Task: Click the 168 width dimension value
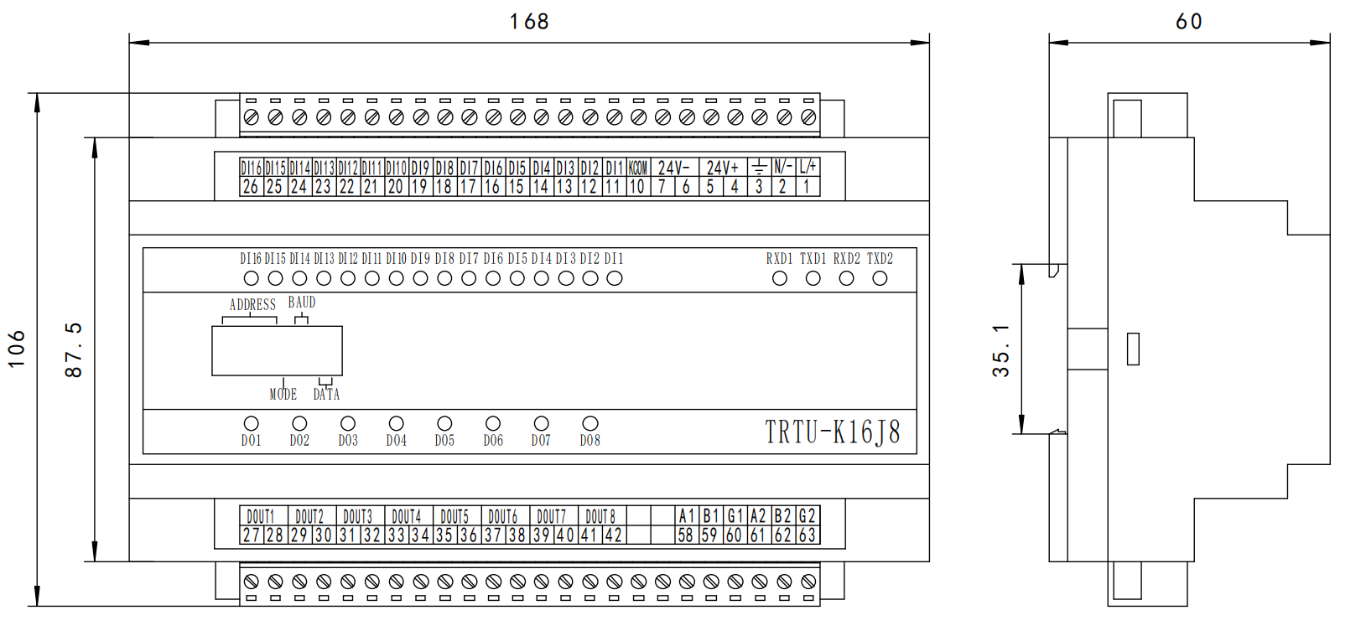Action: tap(529, 21)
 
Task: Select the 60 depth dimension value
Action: tap(1188, 21)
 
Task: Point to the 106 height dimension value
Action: tap(16, 349)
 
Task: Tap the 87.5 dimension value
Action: tap(74, 349)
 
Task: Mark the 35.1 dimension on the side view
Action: tap(1001, 350)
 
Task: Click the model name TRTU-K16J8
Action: tap(832, 432)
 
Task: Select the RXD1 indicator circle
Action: tap(780, 278)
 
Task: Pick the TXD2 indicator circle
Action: tap(880, 278)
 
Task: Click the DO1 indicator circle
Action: tap(251, 424)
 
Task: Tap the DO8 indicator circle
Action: tap(590, 424)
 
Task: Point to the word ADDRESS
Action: tap(252, 305)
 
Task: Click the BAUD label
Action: tap(302, 303)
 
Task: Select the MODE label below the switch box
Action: tap(283, 394)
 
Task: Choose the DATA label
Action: tap(326, 394)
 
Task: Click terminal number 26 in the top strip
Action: tap(250, 187)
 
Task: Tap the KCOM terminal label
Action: tap(637, 168)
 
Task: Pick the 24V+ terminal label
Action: tap(722, 168)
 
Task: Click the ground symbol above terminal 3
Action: tap(759, 167)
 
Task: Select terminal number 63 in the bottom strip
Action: tap(808, 535)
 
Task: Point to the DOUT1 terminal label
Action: tap(261, 516)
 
